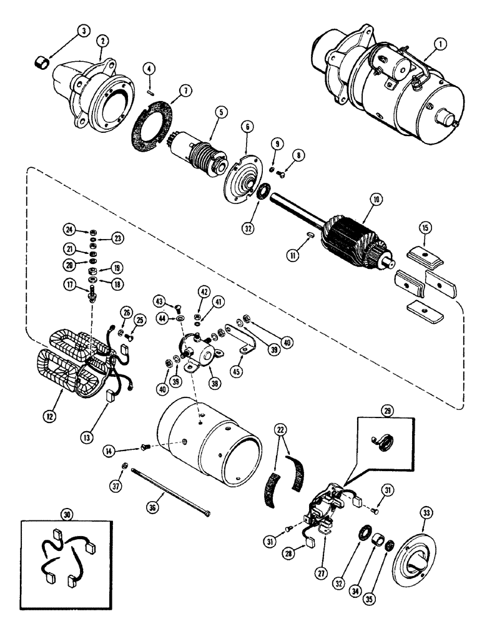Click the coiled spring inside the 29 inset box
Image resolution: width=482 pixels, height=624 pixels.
[x=382, y=442]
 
